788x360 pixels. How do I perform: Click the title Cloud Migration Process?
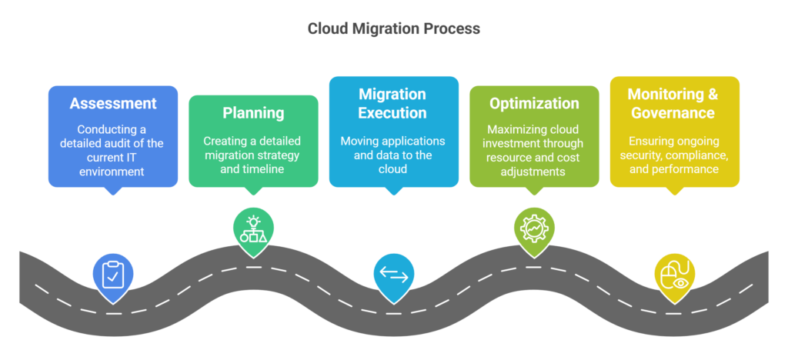[393, 28]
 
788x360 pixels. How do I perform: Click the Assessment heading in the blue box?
[113, 103]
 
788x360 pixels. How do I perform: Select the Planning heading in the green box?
[253, 113]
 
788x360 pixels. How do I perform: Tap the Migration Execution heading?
[393, 103]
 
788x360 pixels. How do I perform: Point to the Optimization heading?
[534, 103]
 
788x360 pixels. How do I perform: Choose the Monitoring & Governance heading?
[674, 103]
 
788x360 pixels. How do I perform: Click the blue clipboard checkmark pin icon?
[113, 273]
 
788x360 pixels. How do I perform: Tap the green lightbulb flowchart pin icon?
[253, 227]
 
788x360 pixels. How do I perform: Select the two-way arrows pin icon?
[393, 274]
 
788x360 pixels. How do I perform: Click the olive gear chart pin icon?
[534, 227]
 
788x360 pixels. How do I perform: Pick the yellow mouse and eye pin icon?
[674, 274]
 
